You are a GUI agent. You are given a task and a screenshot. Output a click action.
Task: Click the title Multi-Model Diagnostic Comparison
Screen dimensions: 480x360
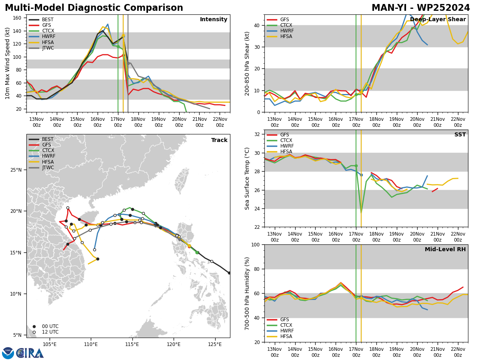pos(94,8)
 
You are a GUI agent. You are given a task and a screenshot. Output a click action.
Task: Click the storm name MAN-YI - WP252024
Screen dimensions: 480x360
pos(421,8)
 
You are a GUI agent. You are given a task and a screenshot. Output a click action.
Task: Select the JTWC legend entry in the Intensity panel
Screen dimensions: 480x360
pos(42,48)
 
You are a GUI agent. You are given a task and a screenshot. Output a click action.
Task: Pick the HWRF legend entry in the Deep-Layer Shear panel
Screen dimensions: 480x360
pos(280,31)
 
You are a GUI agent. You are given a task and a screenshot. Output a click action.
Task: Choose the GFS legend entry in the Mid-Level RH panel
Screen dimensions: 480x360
pos(278,319)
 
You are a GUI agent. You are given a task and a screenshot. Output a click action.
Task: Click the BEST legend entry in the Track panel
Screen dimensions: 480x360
pos(41,139)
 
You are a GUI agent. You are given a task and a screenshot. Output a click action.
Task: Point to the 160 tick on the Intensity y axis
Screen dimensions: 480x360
pos(17,18)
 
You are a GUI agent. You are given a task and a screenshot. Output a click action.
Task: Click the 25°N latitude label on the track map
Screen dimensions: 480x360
pos(16,170)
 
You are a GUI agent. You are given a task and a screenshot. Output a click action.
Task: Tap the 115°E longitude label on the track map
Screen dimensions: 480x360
pos(132,344)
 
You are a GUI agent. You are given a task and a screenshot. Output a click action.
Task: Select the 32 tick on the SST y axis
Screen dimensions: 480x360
pos(257,134)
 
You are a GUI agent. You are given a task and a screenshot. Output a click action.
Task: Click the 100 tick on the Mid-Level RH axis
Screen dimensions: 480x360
pos(256,244)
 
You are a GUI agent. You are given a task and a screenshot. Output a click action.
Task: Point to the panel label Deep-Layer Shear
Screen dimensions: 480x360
pos(438,19)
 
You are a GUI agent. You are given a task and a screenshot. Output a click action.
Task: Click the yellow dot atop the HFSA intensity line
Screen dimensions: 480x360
pos(123,36)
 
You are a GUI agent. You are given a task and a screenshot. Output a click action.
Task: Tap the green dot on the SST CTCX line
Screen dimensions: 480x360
pos(356,166)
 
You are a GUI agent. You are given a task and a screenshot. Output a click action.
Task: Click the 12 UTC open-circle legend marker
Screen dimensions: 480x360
pos(34,332)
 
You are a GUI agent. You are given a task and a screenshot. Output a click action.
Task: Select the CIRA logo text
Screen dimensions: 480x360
pos(30,353)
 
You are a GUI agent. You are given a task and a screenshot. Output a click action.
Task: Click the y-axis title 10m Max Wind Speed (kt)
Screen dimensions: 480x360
pos(7,63)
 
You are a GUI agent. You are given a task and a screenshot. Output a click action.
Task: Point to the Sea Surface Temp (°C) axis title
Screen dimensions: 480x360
pos(247,178)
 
